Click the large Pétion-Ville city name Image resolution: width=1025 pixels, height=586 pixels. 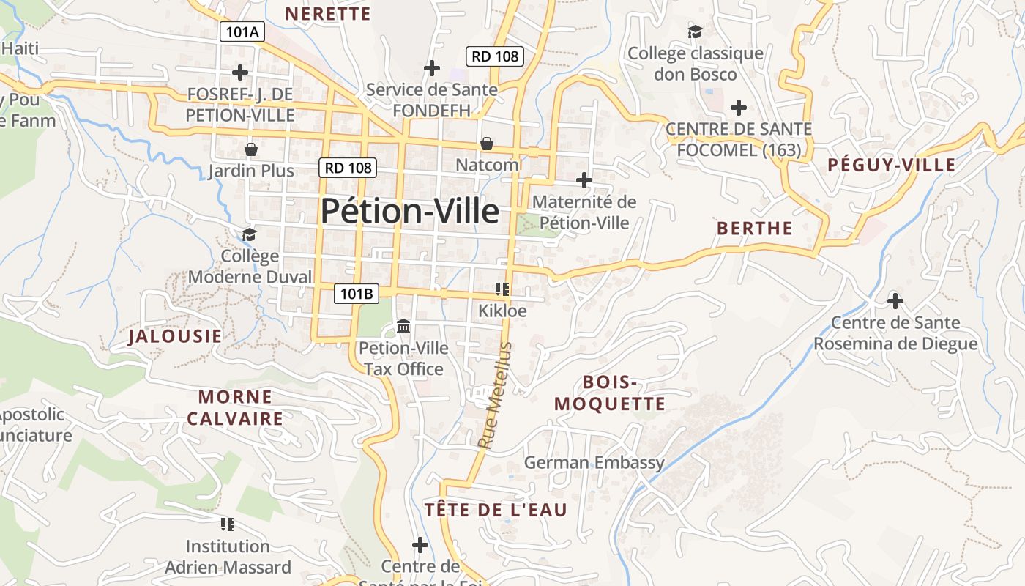[x=410, y=212]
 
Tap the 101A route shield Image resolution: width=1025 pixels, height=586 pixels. [x=242, y=32]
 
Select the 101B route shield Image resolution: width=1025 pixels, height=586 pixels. [x=357, y=294]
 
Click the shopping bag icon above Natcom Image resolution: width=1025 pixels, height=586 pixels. [x=486, y=144]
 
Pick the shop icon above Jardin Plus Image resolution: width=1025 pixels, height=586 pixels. [x=251, y=149]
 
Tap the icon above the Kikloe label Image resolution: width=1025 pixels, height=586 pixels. [x=502, y=289]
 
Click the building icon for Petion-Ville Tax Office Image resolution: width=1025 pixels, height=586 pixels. [x=403, y=326]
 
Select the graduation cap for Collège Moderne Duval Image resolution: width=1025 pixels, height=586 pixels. [x=250, y=234]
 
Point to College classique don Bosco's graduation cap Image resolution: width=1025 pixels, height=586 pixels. [x=695, y=31]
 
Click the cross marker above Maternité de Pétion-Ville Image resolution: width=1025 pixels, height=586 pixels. [x=584, y=179]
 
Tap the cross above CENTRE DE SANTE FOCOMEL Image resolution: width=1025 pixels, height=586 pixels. [x=739, y=108]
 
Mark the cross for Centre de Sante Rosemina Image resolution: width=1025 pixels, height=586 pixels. [x=895, y=300]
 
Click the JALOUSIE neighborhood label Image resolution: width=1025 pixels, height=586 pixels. [x=174, y=336]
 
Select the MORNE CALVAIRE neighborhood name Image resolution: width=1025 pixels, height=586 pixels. [x=235, y=408]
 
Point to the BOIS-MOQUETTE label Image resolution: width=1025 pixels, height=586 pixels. [x=610, y=393]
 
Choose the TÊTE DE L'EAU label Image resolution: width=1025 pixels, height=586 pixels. [x=496, y=510]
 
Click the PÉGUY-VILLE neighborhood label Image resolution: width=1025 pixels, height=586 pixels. [x=891, y=165]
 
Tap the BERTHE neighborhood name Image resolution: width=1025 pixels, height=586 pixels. [x=754, y=229]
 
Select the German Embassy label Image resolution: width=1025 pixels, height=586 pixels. [x=594, y=462]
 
